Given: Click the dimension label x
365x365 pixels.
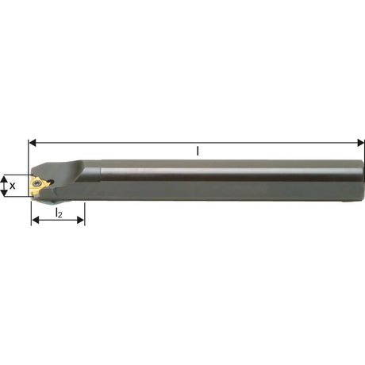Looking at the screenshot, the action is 12,186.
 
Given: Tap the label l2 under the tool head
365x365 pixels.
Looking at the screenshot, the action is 59,213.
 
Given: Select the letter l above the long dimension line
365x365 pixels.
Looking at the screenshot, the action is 198,151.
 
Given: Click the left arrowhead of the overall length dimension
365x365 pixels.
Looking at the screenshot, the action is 33,143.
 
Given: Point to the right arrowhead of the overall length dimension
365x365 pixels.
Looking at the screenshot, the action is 360,143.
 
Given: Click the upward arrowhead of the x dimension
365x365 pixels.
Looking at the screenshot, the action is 4,179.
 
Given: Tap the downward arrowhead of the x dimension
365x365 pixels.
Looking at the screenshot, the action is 4,193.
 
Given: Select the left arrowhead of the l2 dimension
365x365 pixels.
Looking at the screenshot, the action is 35,220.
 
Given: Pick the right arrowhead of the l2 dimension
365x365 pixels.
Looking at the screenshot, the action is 81,220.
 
